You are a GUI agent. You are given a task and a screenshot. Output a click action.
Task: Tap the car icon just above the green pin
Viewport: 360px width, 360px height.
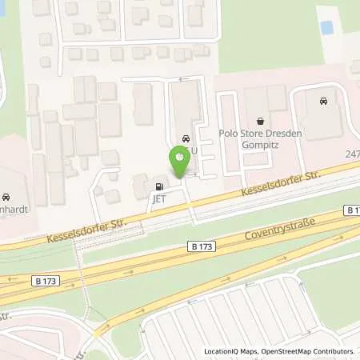pos(186,137)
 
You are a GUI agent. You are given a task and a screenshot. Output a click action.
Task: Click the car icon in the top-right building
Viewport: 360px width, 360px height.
pos(322,102)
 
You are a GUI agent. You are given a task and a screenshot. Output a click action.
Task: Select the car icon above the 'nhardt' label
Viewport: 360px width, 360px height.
pos(6,197)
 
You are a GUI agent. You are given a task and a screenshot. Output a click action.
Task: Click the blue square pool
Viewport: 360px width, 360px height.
pos(326,27)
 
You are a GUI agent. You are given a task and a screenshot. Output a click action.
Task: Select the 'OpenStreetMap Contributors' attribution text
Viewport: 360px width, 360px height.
pos(306,351)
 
